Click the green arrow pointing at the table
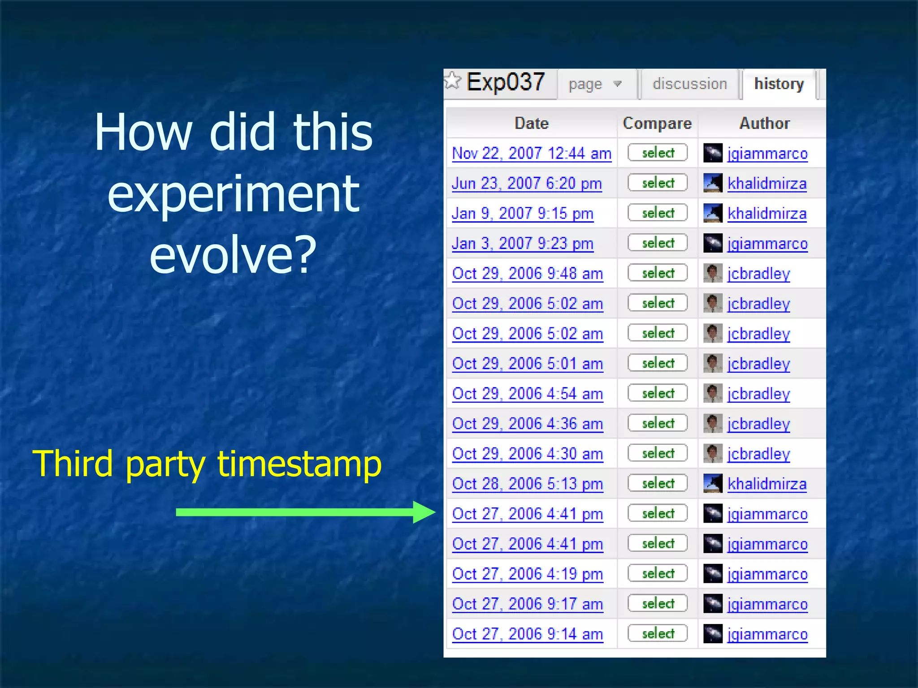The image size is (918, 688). point(305,512)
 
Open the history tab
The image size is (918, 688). point(779,84)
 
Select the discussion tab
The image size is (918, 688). point(689,84)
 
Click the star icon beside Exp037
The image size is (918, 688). point(453,81)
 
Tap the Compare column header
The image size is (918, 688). point(657,123)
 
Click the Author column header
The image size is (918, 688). point(764,123)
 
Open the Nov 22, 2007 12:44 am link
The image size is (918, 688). point(532,154)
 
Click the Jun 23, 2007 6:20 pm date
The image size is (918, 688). point(527,184)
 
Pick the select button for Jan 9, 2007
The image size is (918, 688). point(658,213)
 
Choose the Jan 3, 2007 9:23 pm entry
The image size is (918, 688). point(523,244)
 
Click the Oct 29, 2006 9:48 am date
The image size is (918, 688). point(528,274)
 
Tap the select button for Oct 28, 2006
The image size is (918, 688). point(658,483)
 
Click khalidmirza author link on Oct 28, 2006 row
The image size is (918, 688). point(767,484)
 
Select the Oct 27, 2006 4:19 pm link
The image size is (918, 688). point(528,574)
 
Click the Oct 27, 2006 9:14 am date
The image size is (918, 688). point(528,634)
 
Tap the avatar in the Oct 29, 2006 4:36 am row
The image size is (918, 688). point(713,423)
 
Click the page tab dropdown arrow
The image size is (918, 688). point(618,84)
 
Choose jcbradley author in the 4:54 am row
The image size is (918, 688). point(758,394)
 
